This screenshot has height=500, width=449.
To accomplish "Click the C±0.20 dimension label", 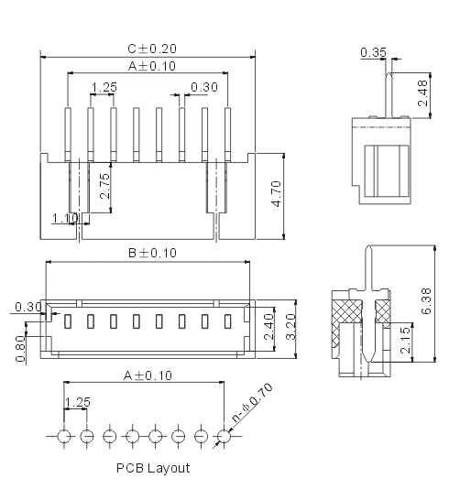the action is [152, 49].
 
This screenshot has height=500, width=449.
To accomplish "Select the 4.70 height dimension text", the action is [277, 194].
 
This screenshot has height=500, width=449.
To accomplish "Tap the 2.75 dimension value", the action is [105, 186].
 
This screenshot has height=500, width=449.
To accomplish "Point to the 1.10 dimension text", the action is [64, 219].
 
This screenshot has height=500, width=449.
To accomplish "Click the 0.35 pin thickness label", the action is [373, 52].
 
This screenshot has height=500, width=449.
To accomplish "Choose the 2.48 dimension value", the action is [422, 92].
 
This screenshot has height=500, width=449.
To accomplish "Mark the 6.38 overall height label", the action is [426, 301].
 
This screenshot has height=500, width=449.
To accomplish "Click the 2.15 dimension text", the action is [405, 340].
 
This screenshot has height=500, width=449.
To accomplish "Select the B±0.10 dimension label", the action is [152, 253].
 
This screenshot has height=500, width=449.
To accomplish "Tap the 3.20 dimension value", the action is [290, 327].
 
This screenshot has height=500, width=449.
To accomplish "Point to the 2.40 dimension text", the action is [268, 327].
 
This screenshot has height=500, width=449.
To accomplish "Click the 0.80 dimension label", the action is [20, 349].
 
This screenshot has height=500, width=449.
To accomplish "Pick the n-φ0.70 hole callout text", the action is [252, 402].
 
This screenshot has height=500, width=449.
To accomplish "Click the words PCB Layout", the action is [153, 468].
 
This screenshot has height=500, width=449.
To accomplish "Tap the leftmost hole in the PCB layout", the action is [64, 436].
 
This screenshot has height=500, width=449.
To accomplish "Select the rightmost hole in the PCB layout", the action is [224, 436].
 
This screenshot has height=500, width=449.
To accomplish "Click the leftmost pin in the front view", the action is [68, 135].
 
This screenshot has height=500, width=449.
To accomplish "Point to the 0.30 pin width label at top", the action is [204, 87].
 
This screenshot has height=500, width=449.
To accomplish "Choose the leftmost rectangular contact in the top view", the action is [67, 321].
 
